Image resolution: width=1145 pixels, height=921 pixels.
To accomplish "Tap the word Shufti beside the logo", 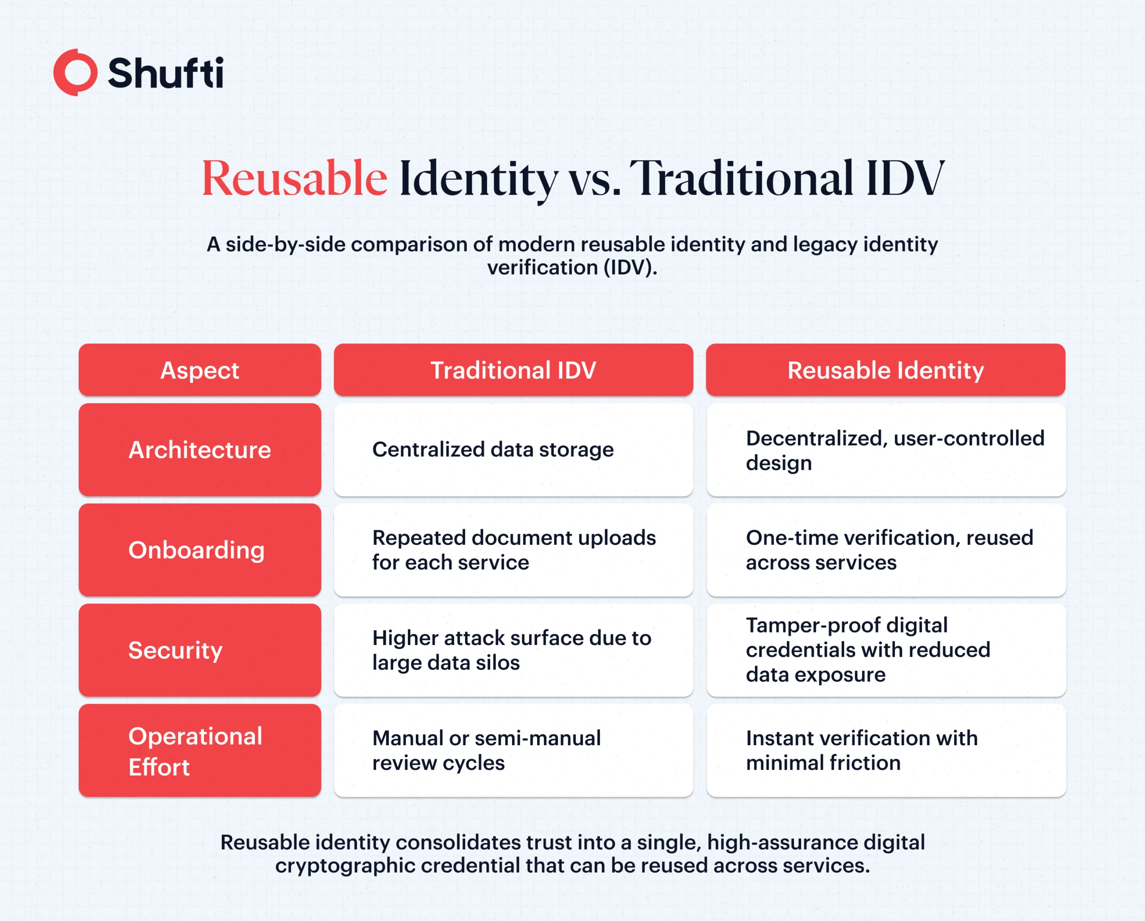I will (x=165, y=73).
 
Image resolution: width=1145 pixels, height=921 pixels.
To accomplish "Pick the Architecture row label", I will (x=199, y=450).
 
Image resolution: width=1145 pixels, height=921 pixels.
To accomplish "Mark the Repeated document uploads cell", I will (x=513, y=550).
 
